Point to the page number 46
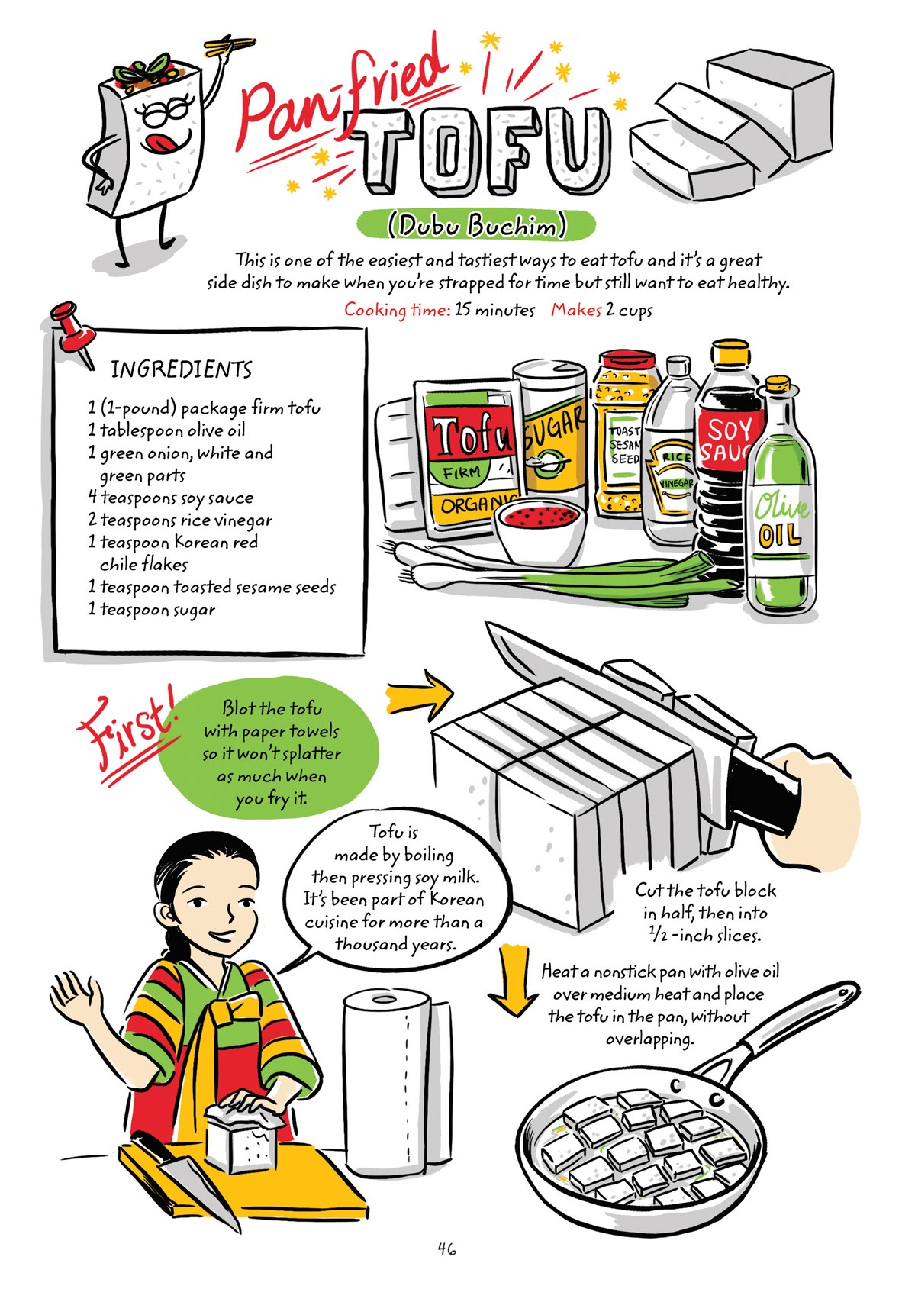pos(447,1249)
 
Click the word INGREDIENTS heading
pos(181,369)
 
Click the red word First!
pos(126,725)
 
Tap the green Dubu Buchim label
pos(476,225)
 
